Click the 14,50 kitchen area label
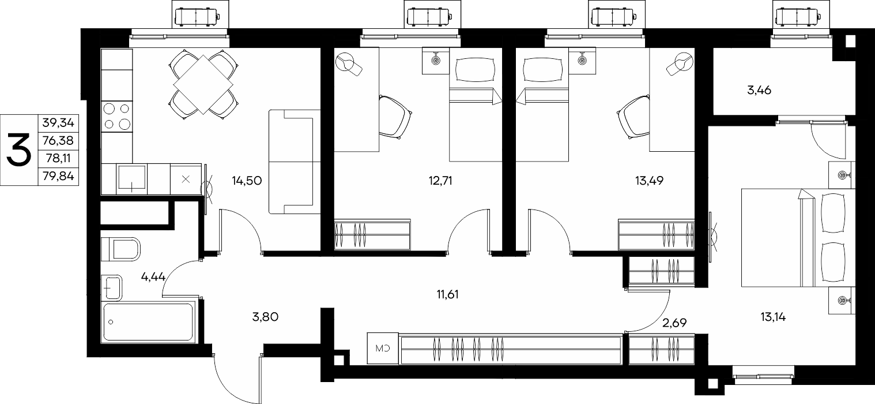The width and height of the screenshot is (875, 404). (247, 181)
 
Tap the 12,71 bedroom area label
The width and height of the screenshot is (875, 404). (440, 181)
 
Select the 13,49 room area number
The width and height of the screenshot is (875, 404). (649, 181)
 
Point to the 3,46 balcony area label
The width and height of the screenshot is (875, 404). (759, 91)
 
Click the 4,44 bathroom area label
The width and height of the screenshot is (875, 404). (153, 277)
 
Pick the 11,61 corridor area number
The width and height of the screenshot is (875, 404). (448, 294)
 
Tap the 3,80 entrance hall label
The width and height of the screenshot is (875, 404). (265, 317)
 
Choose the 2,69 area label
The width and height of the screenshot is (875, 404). (674, 323)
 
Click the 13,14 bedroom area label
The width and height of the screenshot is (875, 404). (773, 317)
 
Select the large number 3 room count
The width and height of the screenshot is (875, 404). (19, 150)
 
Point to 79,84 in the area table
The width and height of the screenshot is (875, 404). (58, 177)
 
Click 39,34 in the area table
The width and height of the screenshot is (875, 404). (58, 123)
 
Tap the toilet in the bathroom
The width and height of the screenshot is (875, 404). (120, 249)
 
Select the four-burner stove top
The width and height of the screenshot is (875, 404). (117, 116)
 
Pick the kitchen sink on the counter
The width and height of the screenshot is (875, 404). (132, 179)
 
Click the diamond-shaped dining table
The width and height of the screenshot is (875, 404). (203, 85)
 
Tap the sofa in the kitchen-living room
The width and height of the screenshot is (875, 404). (295, 162)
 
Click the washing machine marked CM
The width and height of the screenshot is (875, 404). (383, 349)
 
